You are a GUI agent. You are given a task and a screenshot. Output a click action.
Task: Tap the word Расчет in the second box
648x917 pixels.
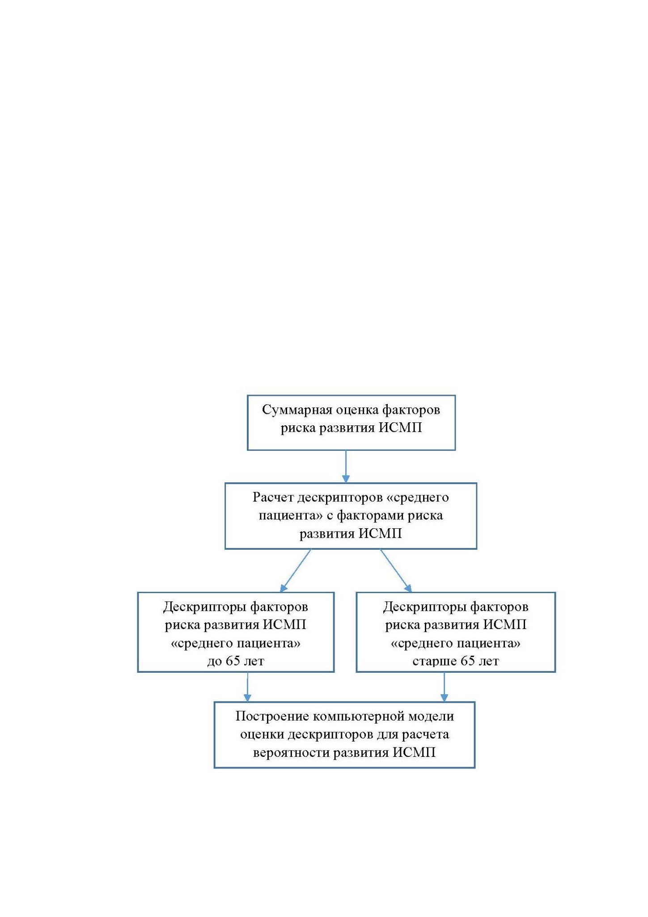273,497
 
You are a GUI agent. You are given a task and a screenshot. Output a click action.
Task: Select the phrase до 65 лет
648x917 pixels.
236,661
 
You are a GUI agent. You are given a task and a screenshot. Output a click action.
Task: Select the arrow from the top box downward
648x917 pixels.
346,467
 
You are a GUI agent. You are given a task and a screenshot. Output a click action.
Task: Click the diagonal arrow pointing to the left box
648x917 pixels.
295,571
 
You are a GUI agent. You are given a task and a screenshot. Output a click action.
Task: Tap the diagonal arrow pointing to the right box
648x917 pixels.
396,571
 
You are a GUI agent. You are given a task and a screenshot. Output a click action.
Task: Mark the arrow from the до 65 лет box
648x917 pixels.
247,687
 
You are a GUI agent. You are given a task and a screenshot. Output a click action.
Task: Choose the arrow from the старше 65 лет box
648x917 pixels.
444,687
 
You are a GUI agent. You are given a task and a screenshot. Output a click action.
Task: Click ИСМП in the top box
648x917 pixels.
401,428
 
